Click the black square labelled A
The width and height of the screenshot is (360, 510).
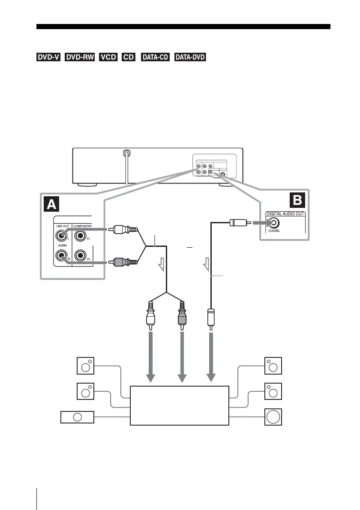pyautogui.click(x=52, y=205)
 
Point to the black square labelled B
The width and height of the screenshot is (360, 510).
pyautogui.click(x=297, y=200)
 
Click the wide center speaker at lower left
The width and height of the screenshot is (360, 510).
pyautogui.click(x=77, y=417)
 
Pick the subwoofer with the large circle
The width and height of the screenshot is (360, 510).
pyautogui.click(x=273, y=417)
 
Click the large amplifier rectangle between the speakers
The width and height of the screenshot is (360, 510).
pyautogui.click(x=179, y=405)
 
